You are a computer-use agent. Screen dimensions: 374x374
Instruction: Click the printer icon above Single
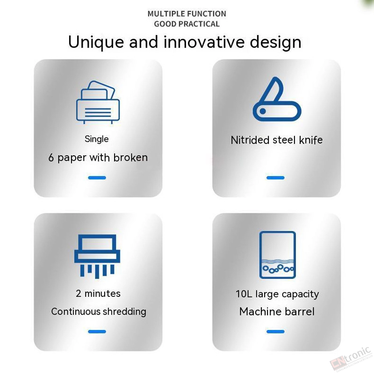[98, 102]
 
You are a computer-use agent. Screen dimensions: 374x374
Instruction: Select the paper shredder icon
[97, 256]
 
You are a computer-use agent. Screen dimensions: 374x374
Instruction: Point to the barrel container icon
[277, 254]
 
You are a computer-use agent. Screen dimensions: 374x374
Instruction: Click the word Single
[97, 139]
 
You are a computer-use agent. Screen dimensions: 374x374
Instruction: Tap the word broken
[130, 158]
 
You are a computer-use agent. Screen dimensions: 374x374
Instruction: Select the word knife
[311, 140]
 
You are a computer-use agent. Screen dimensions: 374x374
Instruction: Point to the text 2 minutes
[98, 294]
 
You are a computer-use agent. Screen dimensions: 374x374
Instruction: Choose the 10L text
[244, 294]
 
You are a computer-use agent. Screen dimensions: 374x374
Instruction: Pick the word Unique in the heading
[96, 43]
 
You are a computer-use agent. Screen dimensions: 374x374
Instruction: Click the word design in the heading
[275, 43]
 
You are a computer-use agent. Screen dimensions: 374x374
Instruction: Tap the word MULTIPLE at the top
[165, 14]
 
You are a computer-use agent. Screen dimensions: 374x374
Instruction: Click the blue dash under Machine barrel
[275, 331]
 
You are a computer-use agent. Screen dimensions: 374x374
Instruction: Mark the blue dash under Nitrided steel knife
[275, 178]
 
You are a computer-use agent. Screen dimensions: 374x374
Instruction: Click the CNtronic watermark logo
[351, 360]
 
